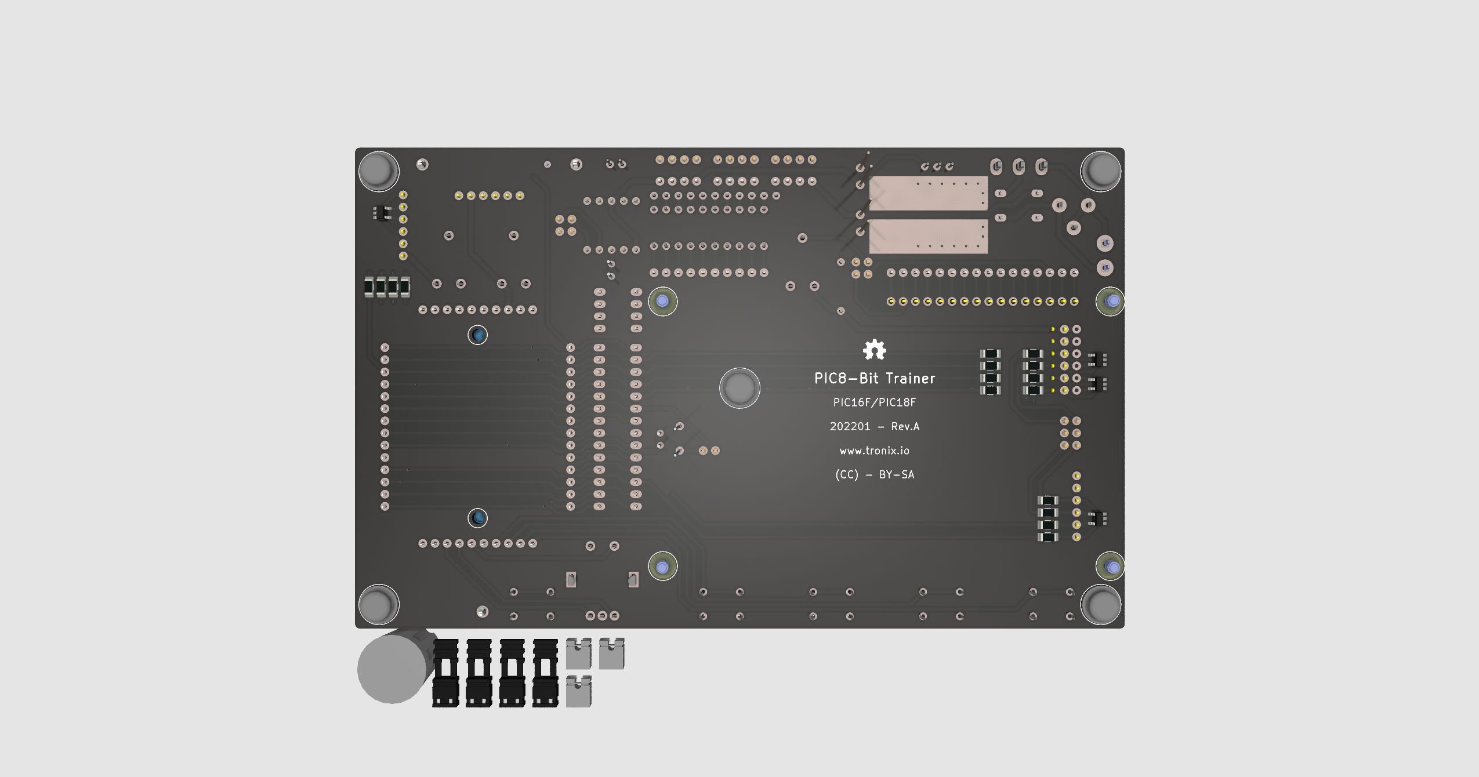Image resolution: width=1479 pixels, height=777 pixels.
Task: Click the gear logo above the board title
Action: pos(874,350)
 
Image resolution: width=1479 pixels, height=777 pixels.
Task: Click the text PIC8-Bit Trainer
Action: pos(874,379)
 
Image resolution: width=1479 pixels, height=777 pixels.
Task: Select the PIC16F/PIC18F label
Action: pos(874,402)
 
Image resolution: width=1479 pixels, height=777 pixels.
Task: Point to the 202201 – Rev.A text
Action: pos(874,427)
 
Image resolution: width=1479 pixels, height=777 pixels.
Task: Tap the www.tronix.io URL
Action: pos(874,451)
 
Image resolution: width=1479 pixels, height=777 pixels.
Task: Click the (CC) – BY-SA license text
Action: pos(874,475)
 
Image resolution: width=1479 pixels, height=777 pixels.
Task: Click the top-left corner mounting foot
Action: pos(378,171)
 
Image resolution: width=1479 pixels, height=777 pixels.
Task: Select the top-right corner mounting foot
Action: pos(1100,171)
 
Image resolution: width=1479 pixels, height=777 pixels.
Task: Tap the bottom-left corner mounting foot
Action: pos(378,605)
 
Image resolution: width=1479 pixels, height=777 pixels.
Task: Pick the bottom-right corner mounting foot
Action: pos(1100,605)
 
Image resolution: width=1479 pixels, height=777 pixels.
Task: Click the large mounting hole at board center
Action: pos(739,388)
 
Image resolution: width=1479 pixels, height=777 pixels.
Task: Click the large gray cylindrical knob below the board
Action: pos(393,669)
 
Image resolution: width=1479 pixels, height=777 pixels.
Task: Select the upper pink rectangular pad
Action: pos(928,193)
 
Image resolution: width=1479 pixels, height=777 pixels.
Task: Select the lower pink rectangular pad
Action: pos(928,236)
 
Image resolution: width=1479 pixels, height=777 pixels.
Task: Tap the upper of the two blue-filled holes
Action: pos(477,335)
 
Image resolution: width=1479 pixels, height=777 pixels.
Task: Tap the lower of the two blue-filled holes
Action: pos(477,518)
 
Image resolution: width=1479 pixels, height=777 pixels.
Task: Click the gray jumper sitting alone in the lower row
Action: pos(578,691)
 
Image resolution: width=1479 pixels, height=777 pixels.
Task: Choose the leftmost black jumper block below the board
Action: pos(445,673)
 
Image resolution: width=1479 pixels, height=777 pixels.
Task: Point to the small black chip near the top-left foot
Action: pos(381,213)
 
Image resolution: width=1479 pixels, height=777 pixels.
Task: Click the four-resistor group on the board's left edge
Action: pos(387,286)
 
